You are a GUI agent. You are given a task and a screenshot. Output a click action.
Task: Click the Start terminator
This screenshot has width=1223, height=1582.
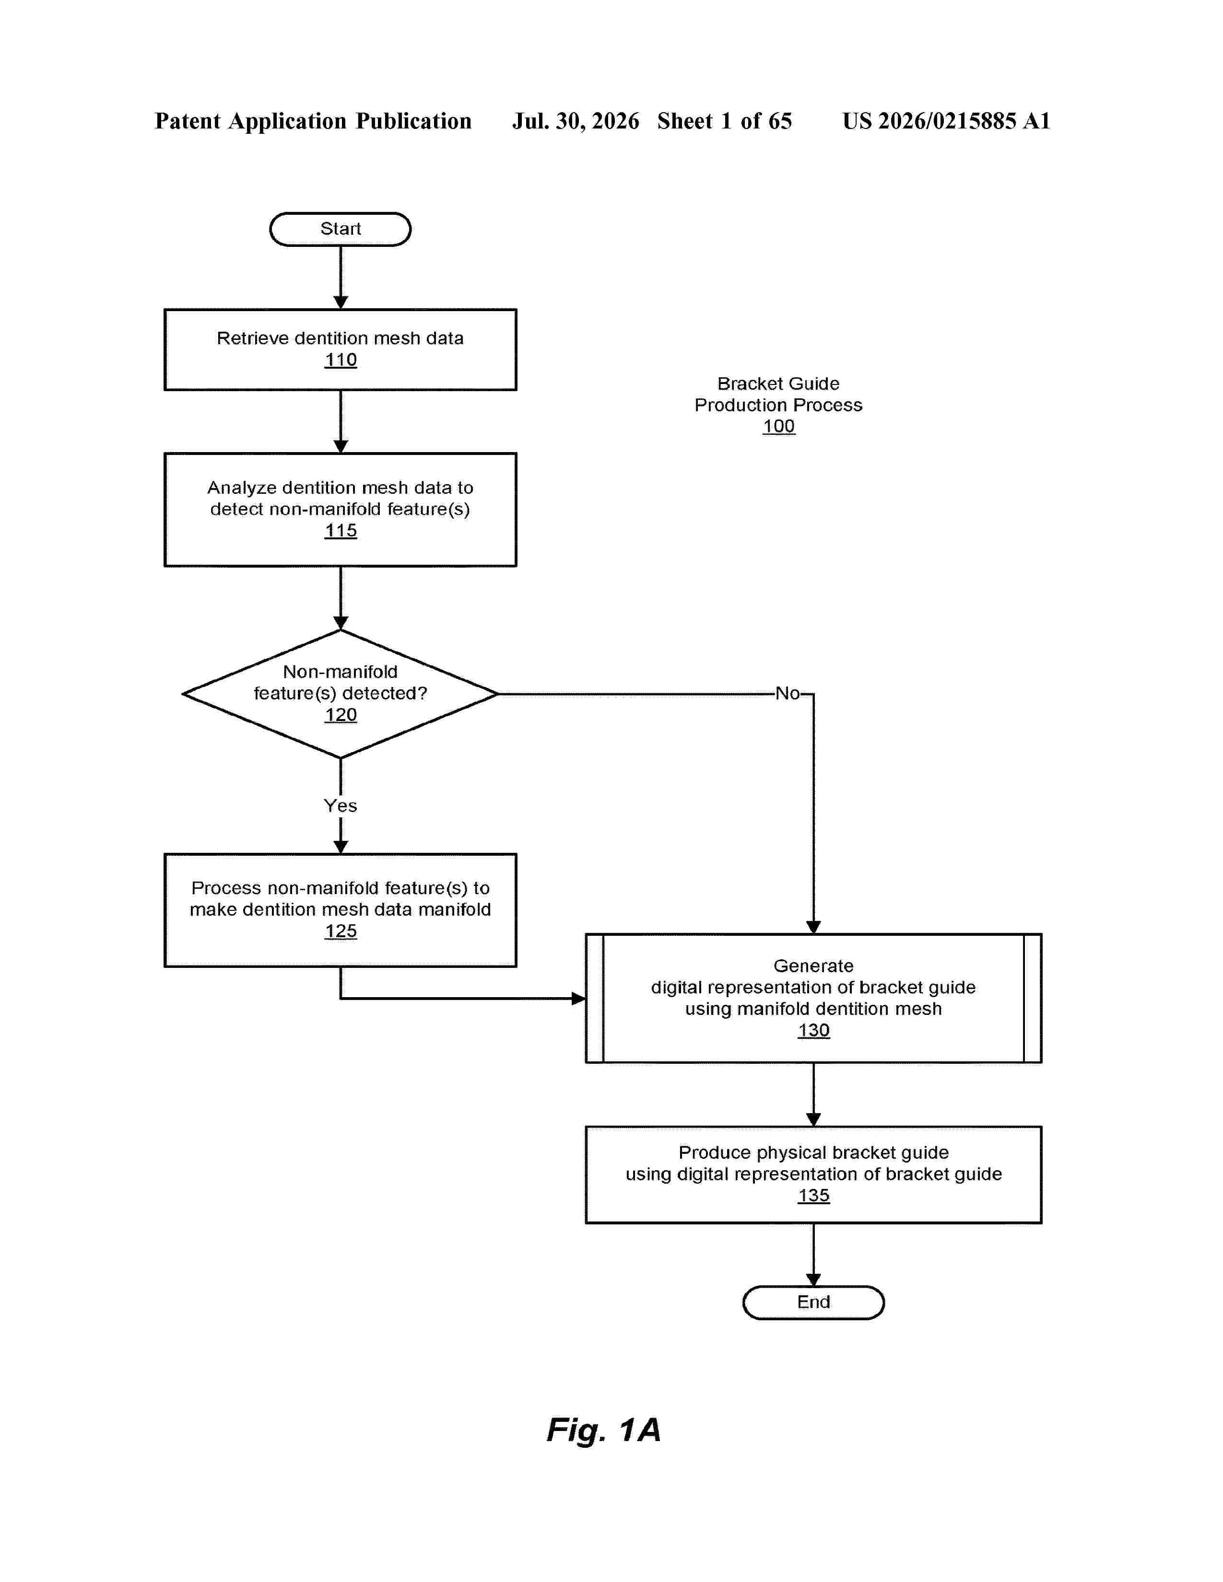340,229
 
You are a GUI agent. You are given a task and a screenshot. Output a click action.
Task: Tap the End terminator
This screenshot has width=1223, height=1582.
813,1303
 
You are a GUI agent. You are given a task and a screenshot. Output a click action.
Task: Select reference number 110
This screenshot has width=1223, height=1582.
341,360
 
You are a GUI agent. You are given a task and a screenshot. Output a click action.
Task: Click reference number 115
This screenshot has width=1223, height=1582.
341,531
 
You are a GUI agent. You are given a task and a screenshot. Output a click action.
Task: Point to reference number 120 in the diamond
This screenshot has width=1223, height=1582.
341,715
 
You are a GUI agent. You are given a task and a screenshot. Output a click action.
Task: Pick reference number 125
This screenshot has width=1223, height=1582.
341,931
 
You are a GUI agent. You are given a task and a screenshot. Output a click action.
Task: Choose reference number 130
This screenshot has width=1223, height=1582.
813,1031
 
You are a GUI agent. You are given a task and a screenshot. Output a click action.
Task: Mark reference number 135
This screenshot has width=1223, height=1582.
813,1196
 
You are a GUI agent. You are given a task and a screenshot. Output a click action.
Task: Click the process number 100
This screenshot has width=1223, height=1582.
779,427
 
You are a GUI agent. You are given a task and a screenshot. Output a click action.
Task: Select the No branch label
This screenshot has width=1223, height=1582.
788,694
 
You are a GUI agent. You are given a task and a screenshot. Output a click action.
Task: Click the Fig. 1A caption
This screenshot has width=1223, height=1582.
603,1431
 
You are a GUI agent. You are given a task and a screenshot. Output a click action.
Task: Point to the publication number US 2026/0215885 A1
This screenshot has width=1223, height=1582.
946,121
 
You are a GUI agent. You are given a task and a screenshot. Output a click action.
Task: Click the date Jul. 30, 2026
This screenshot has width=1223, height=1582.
576,121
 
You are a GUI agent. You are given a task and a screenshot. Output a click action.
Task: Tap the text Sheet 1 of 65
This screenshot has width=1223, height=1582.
725,121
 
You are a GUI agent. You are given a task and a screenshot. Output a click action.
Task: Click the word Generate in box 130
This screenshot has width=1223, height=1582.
813,966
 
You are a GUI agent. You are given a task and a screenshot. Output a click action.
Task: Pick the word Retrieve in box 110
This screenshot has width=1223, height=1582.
253,338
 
